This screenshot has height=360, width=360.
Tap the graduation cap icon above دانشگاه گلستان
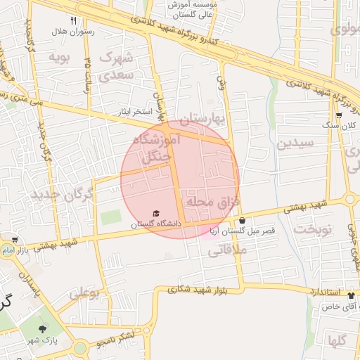[x=156, y=212]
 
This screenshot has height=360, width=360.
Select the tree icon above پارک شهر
[x=44, y=329]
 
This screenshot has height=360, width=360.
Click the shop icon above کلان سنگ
[x=339, y=115]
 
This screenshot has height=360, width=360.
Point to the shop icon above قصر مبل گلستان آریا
[x=242, y=221]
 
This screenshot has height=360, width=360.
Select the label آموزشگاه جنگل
[x=161, y=149]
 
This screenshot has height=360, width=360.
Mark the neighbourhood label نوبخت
[x=311, y=229]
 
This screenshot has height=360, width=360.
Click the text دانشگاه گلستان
[x=156, y=223]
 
